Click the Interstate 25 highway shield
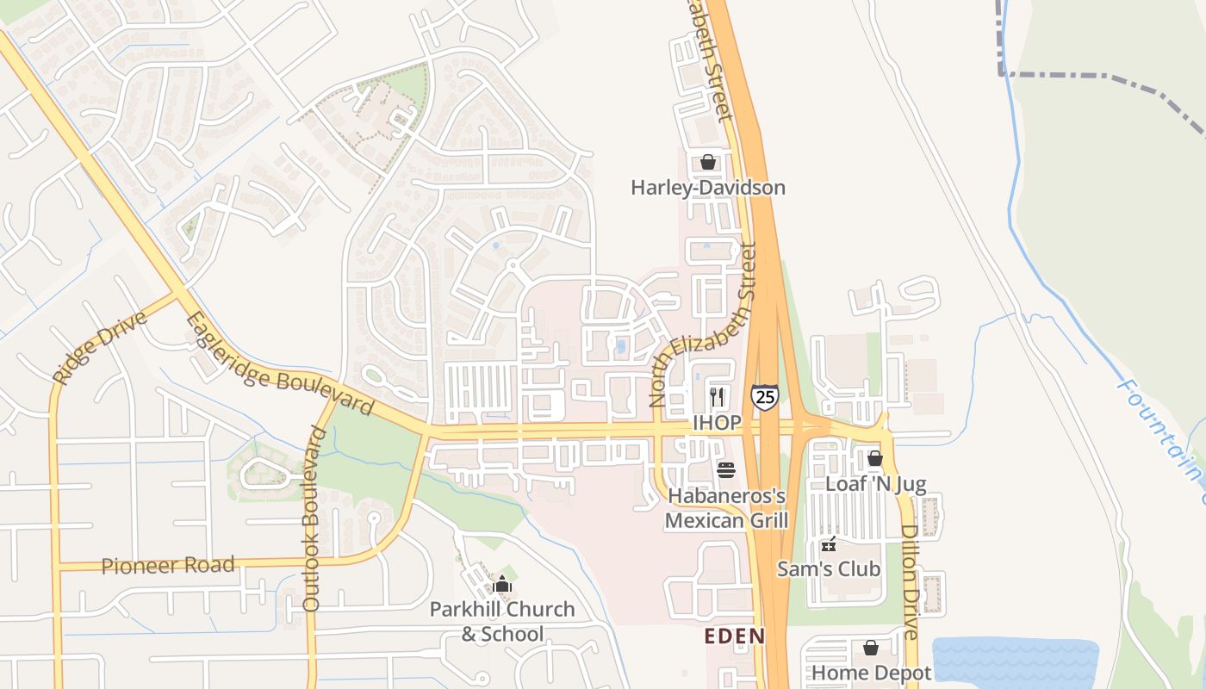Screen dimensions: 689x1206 [x=764, y=396]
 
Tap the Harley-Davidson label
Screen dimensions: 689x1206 [x=708, y=188]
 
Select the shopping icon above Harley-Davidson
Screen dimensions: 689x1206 [x=708, y=162]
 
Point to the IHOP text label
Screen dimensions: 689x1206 [x=717, y=423]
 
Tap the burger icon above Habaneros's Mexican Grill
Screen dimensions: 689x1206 [x=726, y=470]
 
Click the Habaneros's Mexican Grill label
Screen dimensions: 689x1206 [x=726, y=508]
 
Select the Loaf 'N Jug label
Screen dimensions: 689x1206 [x=875, y=484]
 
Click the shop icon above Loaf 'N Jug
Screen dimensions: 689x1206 [x=875, y=458]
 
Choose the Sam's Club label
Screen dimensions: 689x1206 [x=829, y=568]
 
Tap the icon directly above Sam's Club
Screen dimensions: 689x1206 [x=829, y=543]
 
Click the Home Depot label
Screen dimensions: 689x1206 [x=871, y=673]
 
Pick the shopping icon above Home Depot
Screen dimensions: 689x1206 [x=871, y=648]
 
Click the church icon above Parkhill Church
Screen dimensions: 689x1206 [x=502, y=585]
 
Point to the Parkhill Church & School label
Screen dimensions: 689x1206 [x=502, y=622]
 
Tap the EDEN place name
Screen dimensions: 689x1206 [x=734, y=636]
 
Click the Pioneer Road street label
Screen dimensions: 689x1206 [x=168, y=566]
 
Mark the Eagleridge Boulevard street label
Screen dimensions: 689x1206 [x=280, y=365]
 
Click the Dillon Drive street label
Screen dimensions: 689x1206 [x=910, y=581]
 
